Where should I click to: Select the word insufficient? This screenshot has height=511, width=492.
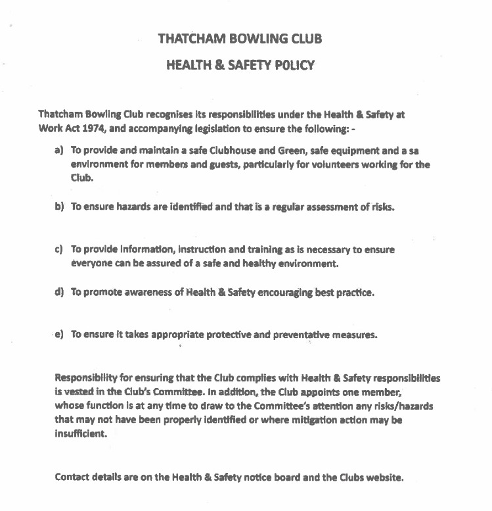tap(80, 434)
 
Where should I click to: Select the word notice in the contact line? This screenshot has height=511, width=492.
tap(253, 477)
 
